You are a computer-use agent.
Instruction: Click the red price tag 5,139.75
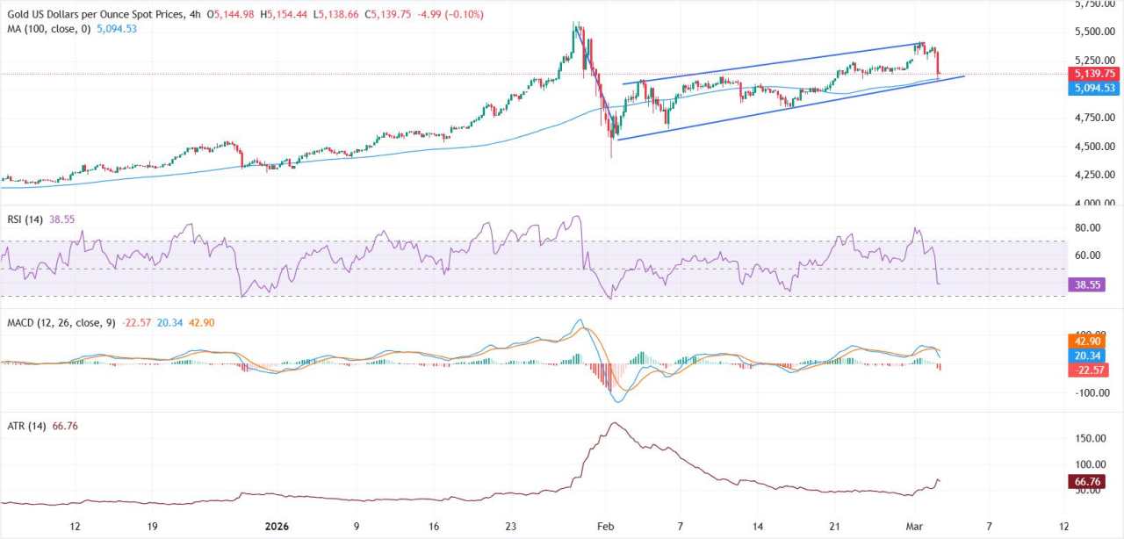(1092, 74)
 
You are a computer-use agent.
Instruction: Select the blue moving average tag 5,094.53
(1092, 88)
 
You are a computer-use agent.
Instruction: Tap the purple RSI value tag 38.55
(1086, 284)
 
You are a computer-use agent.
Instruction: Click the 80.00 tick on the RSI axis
(1087, 228)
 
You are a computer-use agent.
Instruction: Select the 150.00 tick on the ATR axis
(1089, 438)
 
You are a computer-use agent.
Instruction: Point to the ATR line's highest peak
(613, 423)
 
